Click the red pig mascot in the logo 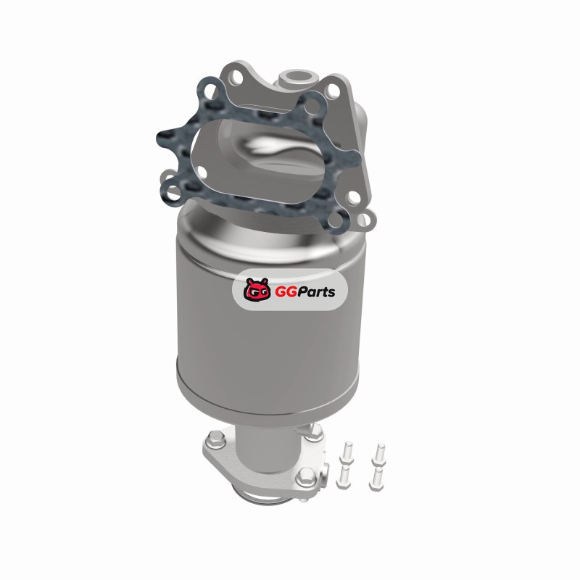coord(256,290)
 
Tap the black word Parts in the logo coord(314,292)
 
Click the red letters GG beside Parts coord(283,292)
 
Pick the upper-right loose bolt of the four coord(379,455)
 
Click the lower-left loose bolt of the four coord(344,477)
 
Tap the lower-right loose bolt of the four coord(376,479)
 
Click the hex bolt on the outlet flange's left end coord(216,439)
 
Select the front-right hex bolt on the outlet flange coord(306,477)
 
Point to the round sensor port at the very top coord(298,78)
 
